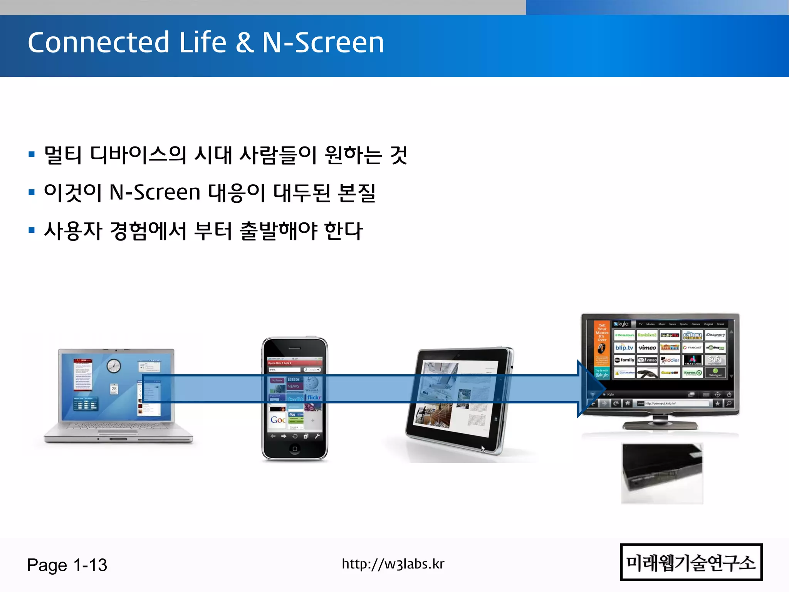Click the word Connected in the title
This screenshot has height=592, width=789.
pos(98,42)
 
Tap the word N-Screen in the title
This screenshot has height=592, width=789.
pos(323,42)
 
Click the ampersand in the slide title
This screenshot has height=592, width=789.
pos(244,42)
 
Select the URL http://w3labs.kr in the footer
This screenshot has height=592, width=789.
pos(393,564)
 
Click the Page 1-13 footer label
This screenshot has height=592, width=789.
pos(67,565)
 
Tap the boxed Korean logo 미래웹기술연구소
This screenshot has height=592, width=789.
pos(691,562)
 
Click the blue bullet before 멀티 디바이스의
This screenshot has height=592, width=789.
pos(32,155)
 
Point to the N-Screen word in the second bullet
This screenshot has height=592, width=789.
pos(155,192)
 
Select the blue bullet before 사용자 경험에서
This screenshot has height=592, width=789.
pos(32,230)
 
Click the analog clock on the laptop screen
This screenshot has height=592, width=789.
pos(114,365)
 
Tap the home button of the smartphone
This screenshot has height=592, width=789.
pos(295,449)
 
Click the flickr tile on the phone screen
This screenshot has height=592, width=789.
pos(314,397)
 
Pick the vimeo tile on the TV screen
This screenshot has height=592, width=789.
pos(647,348)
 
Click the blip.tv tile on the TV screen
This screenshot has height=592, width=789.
pos(624,348)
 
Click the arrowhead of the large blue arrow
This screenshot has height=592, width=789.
pos(591,388)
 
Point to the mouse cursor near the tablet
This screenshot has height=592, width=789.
pos(483,449)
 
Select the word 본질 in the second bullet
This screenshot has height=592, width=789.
pos(356,192)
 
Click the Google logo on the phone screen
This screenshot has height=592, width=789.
pos(278,420)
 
